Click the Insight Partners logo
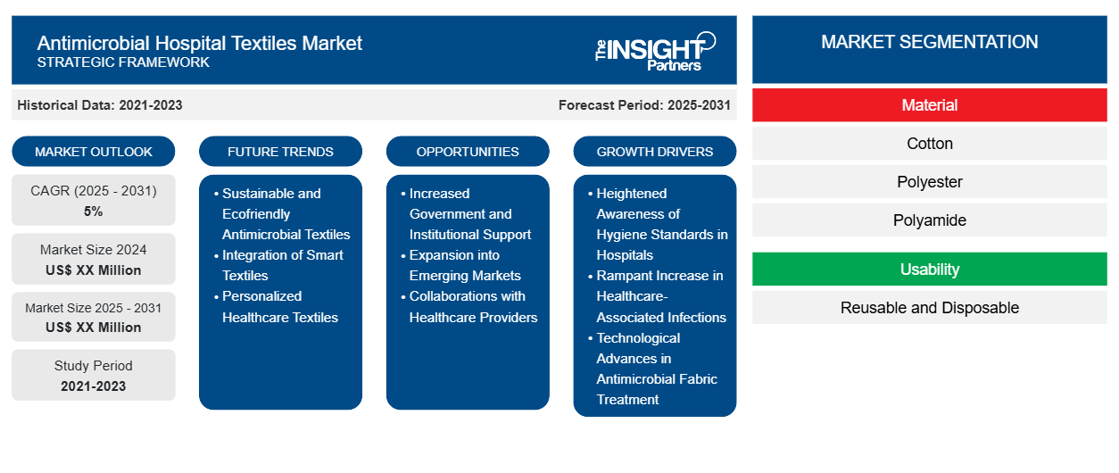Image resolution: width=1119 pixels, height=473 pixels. (655, 50)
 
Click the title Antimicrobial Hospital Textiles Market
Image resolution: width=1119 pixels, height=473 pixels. (199, 42)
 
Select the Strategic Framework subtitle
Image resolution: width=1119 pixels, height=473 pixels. (123, 62)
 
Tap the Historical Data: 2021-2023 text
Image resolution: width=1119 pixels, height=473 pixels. (99, 105)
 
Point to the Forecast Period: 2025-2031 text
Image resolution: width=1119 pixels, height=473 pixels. (644, 105)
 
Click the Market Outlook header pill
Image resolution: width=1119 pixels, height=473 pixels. (94, 152)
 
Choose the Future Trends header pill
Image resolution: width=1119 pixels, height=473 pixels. (280, 152)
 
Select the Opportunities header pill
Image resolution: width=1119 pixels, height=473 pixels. (468, 152)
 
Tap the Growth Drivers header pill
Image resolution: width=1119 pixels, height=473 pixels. (655, 152)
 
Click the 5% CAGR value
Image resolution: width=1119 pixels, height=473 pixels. (94, 212)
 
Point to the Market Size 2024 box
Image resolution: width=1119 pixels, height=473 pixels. (94, 260)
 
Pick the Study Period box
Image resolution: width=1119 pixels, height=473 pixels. (94, 376)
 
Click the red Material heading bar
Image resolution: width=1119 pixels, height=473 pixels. (929, 105)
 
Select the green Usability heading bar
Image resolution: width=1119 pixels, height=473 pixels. (929, 270)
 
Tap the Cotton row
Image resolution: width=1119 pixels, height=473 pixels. (929, 144)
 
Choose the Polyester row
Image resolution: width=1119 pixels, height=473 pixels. (929, 182)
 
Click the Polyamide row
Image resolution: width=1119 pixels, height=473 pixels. (929, 220)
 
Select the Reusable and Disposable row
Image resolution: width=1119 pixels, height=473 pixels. (929, 308)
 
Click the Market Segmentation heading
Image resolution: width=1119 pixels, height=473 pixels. (929, 42)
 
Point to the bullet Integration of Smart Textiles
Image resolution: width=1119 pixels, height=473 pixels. (282, 265)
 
